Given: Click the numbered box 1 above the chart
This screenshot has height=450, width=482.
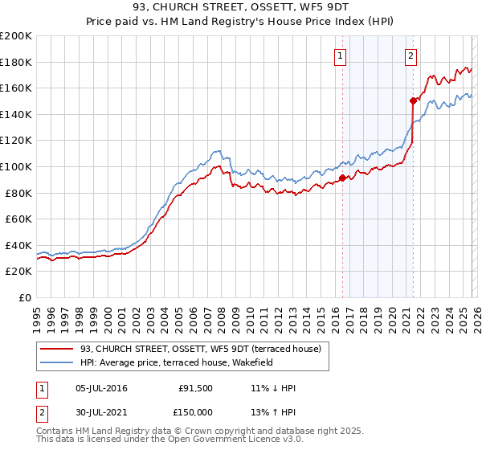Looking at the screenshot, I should [341, 55].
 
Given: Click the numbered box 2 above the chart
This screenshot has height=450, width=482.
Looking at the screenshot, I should [411, 55].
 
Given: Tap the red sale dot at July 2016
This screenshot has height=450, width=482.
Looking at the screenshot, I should [342, 178].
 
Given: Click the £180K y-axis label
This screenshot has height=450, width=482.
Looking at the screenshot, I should [17, 62].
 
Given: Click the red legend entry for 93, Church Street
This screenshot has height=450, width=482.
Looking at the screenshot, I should [201, 349].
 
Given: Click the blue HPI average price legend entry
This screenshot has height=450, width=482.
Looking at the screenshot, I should [177, 362].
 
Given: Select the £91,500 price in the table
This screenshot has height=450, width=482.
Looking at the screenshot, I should [196, 388].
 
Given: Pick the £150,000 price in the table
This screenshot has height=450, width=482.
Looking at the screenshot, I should [196, 411].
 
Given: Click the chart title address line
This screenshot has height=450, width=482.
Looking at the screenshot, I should [241, 10].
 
